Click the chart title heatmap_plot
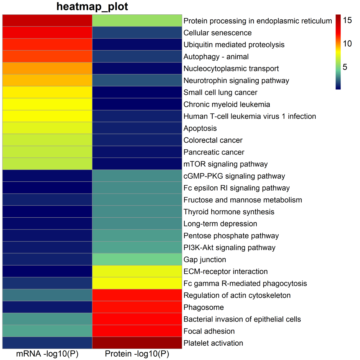point(92,7)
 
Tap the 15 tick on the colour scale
point(348,20)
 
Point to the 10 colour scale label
point(348,44)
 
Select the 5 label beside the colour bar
point(345,67)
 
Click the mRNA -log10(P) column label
point(47,354)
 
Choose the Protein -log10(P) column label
point(137,354)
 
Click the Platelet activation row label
point(213,343)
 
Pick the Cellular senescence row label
point(218,33)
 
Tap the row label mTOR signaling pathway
point(226,164)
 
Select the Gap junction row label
point(205,259)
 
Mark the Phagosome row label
point(204,307)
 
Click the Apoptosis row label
point(200,128)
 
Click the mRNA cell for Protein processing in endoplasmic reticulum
point(47,21)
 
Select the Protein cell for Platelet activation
point(137,343)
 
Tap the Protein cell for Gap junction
point(137,259)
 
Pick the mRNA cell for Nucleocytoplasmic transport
point(47,68)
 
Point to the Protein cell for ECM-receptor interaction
point(137,271)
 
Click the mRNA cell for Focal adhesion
point(47,331)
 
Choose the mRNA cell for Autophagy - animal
point(47,56)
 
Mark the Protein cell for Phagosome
point(137,307)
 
